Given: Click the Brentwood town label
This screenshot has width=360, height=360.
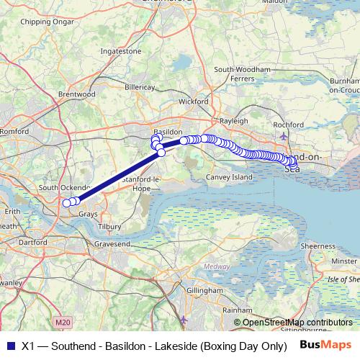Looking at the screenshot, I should pyautogui.click(x=76, y=94).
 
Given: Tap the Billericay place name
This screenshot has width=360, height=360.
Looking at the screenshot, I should pyautogui.click(x=140, y=86).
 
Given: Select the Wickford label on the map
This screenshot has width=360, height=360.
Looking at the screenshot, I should pyautogui.click(x=193, y=102).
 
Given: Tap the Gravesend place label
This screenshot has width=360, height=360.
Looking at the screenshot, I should pyautogui.click(x=112, y=246).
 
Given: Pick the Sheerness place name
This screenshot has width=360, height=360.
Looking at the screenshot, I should pyautogui.click(x=318, y=246).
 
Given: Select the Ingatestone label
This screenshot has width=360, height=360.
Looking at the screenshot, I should pyautogui.click(x=121, y=52).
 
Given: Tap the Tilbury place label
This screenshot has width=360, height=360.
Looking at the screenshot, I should pyautogui.click(x=109, y=226).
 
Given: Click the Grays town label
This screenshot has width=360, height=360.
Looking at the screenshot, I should pyautogui.click(x=88, y=215).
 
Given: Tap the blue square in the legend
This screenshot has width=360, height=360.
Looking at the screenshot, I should pyautogui.click(x=9, y=344).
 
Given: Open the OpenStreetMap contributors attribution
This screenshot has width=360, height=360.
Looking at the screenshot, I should pyautogui.click(x=297, y=323).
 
